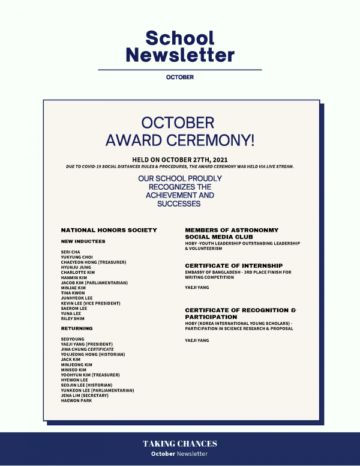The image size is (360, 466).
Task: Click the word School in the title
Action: point(180,38)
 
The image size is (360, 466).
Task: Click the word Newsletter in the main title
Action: point(180,55)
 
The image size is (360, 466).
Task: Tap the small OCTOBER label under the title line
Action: point(180,77)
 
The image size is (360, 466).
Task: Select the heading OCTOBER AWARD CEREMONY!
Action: point(180,132)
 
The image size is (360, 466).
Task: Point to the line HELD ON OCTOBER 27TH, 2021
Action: point(179,160)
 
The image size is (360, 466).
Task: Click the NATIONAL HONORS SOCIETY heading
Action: point(109,230)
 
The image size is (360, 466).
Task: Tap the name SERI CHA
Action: point(70,252)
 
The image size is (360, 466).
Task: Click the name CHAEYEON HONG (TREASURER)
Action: point(94,262)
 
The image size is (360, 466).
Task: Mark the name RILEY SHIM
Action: point(73,319)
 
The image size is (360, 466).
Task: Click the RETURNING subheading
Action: point(77,328)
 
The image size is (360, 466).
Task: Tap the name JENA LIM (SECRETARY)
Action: point(89,395)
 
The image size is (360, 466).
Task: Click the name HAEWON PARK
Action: point(76,401)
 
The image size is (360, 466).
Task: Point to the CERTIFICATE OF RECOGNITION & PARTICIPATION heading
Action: point(240,313)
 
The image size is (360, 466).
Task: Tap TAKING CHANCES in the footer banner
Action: point(180,444)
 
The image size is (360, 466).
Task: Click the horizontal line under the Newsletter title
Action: point(180,70)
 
